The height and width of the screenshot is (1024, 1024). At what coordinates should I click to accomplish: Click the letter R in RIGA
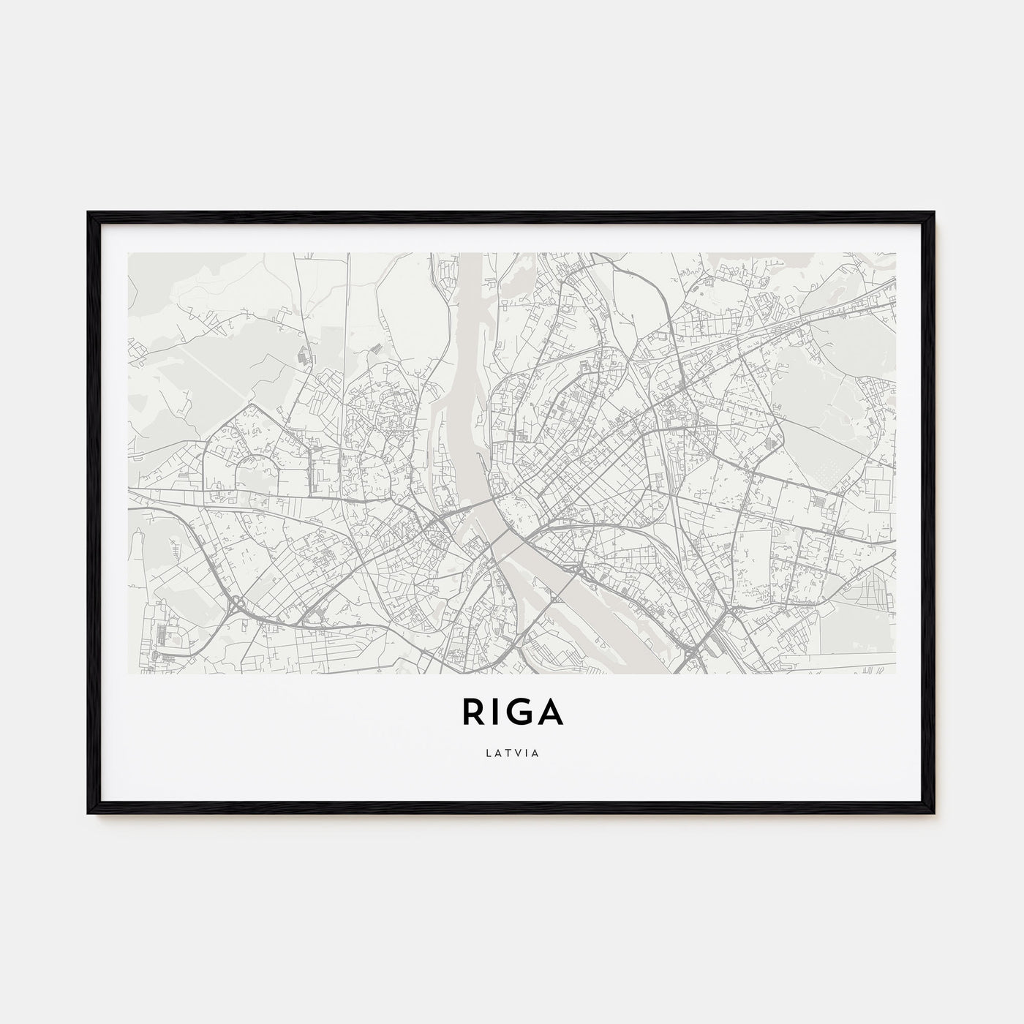pos(471,713)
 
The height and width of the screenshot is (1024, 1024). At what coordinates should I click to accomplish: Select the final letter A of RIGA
pos(550,713)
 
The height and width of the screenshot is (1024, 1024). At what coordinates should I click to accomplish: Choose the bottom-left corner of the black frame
pos(90,813)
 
